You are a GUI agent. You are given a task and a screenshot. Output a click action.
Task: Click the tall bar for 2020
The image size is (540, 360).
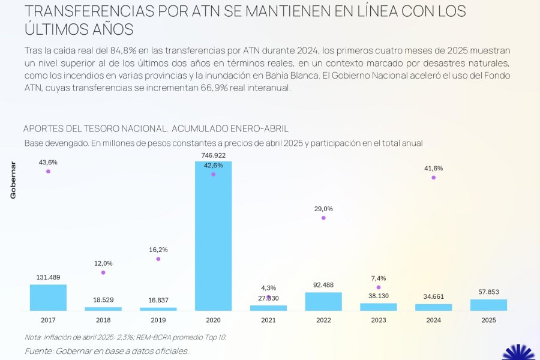click(213, 240)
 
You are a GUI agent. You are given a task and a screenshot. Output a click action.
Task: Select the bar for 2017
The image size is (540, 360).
click(48, 298)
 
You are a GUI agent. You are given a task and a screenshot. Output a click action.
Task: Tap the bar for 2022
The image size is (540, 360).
click(323, 302)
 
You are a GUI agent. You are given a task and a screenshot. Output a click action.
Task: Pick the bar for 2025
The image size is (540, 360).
click(488, 305)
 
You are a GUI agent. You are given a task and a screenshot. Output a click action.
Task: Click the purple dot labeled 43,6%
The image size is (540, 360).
click(48, 172)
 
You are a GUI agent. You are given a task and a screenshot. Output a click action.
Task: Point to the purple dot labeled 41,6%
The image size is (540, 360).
click(433, 178)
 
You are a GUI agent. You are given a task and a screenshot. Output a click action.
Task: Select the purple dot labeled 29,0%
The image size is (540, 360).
click(323, 218)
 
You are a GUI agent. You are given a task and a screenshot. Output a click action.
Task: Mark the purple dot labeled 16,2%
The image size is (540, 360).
click(158, 259)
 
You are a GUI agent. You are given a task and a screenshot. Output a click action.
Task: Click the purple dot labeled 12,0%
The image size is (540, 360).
click(103, 272)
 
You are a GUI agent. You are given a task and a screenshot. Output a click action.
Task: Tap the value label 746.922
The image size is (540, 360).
click(213, 155)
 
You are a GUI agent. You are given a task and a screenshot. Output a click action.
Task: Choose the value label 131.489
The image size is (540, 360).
click(48, 277)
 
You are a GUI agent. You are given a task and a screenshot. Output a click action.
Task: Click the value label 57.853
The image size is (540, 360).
click(488, 292)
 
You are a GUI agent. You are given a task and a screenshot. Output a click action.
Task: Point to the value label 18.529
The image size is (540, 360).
click(103, 299)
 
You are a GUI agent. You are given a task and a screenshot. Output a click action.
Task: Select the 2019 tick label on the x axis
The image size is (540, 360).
click(158, 320)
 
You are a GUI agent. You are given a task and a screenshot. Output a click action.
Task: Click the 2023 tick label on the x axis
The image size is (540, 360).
click(379, 320)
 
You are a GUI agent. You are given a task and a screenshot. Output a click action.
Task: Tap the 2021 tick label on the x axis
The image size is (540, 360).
click(268, 320)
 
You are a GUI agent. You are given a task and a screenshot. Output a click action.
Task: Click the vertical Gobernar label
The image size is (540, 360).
click(13, 180)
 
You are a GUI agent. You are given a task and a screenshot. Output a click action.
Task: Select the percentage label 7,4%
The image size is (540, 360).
click(379, 278)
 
